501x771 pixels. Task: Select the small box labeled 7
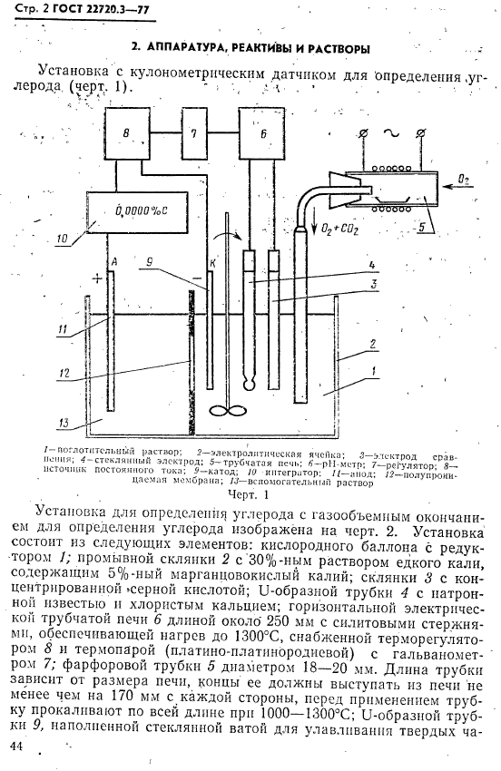coord(193,134)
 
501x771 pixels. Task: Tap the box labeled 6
coord(263,134)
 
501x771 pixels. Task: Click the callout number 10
coord(62,240)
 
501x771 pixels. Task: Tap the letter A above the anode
coord(113,261)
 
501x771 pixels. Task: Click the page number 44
coord(16,746)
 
